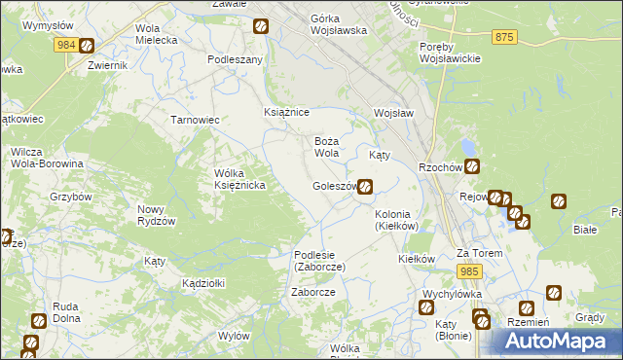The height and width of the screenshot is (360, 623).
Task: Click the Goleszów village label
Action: click(333, 186)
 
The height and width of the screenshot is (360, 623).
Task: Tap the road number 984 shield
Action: click(66, 45)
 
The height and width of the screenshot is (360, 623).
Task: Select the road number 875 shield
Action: click(503, 37)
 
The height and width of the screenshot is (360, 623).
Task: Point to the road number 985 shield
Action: click(470, 270)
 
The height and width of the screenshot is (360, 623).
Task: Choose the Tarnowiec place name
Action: click(195, 120)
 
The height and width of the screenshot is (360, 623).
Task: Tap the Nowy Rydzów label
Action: click(156, 215)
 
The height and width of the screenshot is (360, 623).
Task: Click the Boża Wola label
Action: click(326, 147)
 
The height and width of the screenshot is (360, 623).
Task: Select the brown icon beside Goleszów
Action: click(364, 185)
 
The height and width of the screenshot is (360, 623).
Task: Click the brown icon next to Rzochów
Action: click(471, 165)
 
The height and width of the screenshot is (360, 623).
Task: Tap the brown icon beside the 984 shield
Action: click(87, 45)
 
